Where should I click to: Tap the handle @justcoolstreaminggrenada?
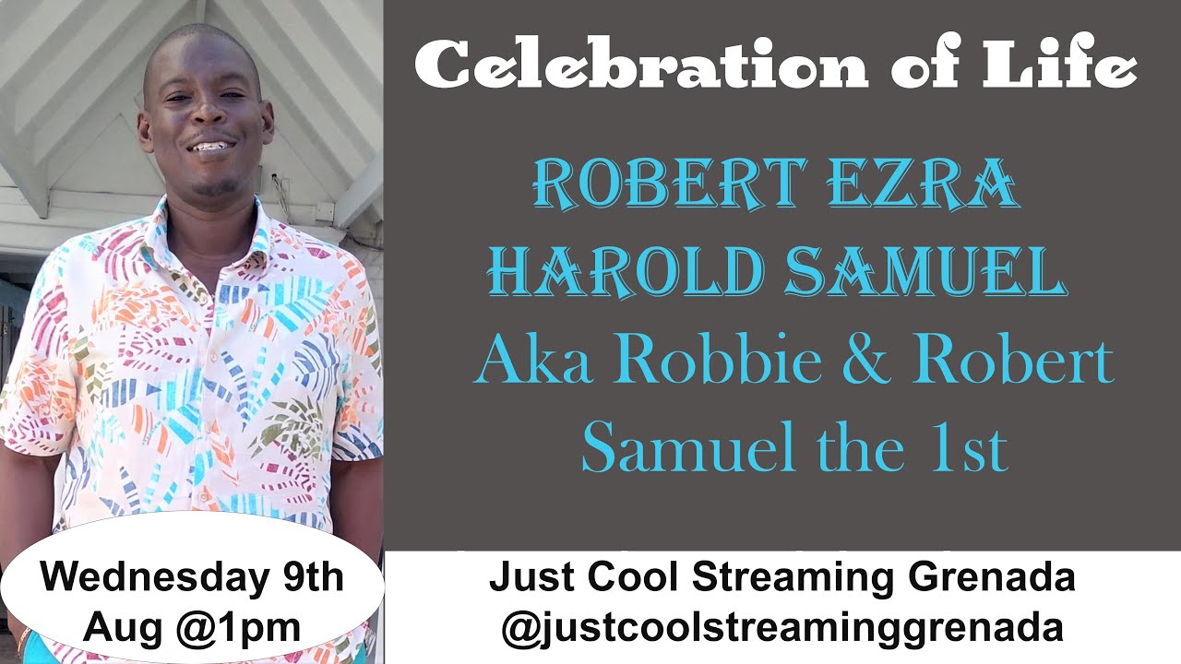[x=782, y=627]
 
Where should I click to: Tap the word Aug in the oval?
[x=117, y=627]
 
